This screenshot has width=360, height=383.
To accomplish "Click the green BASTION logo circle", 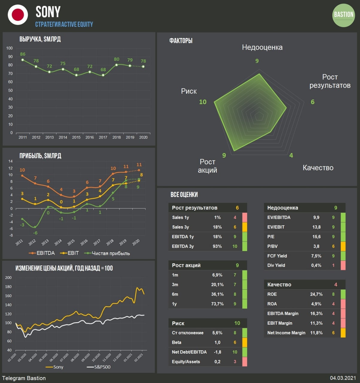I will [344, 15].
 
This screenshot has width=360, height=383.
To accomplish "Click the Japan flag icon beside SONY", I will [18, 15].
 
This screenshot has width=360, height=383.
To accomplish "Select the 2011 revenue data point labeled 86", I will [23, 60].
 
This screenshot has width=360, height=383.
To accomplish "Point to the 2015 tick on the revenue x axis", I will [76, 137].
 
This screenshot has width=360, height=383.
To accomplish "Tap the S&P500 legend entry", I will [99, 367].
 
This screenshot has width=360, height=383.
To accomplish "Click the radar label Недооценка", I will [262, 47].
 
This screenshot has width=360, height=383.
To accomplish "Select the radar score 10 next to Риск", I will [203, 102].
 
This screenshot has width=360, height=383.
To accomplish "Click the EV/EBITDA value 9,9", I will [316, 218].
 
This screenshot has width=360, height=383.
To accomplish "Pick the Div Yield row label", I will [276, 265].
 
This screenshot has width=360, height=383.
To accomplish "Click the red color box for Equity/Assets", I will [244, 362].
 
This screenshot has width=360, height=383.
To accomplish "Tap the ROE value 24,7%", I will [316, 294].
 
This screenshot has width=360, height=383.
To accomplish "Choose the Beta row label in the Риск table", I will [177, 343].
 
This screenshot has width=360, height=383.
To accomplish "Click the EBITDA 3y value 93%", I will [217, 246].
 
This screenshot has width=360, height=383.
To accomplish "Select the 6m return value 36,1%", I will [217, 294].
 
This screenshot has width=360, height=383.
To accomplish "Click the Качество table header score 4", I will [335, 285].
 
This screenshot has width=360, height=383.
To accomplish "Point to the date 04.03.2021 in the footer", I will [343, 378].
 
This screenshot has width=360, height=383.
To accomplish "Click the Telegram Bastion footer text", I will [24, 378].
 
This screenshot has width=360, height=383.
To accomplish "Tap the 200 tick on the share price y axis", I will [8, 278].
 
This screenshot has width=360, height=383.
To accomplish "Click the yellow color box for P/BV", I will [343, 246].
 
